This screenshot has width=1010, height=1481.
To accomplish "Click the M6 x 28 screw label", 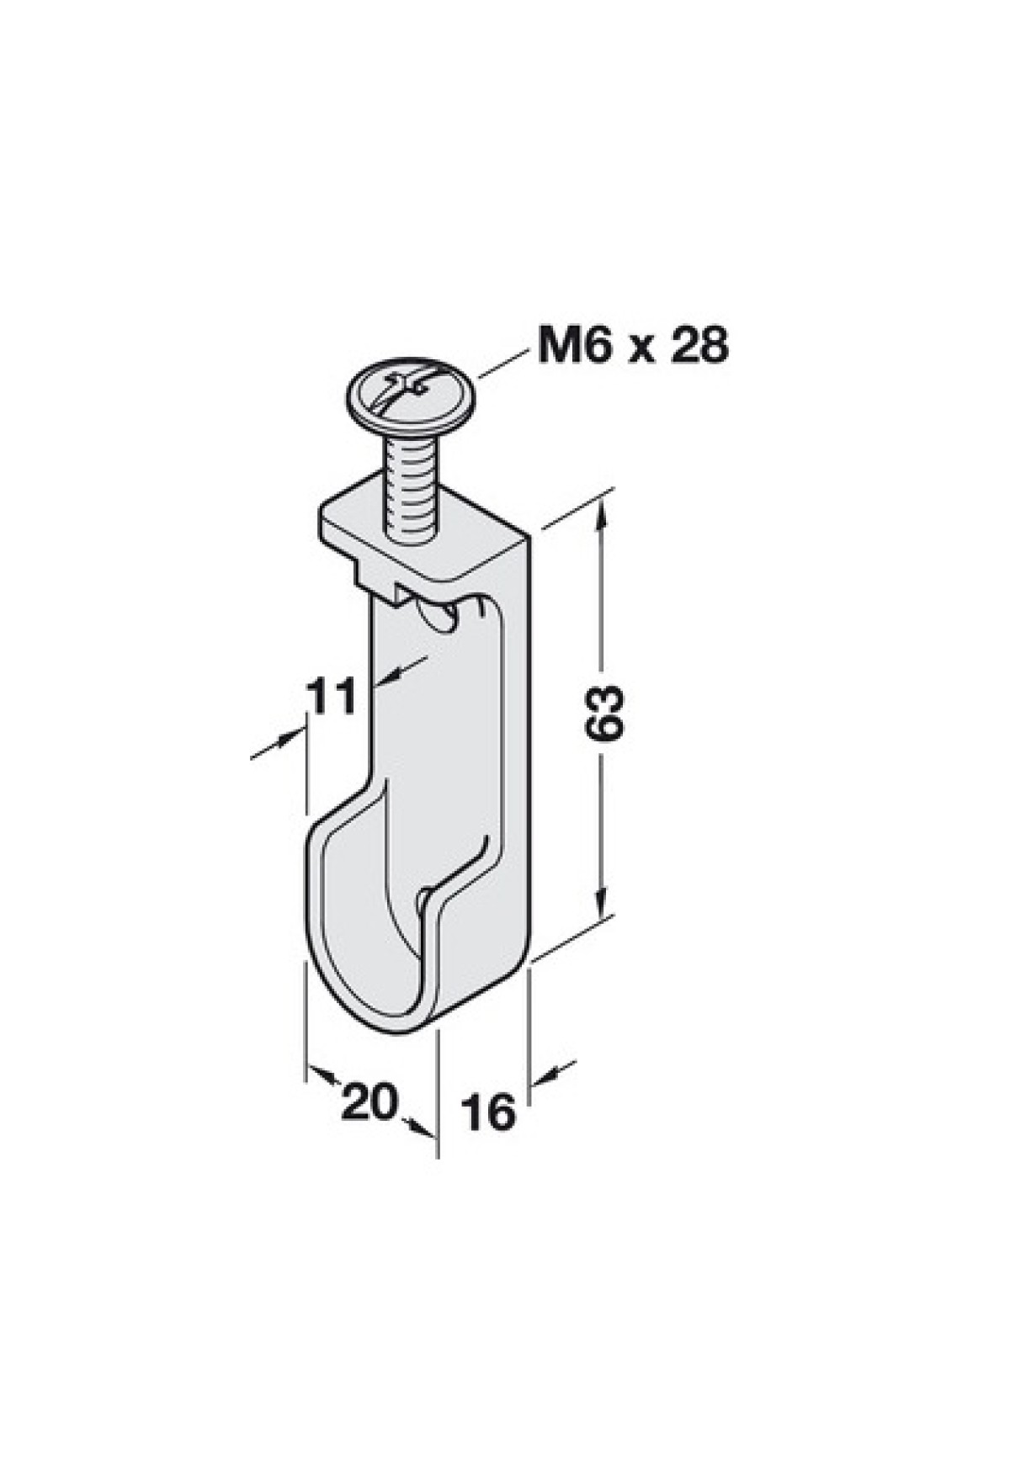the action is (631, 346).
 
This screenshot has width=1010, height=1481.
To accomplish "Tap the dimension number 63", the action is (606, 714).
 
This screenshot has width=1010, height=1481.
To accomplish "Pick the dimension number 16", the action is (487, 1113).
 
